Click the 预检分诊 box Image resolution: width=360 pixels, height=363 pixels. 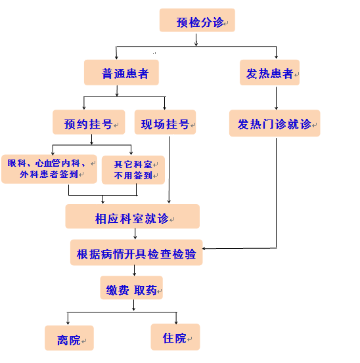[x=197, y=20]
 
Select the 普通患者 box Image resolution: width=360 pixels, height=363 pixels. [x=122, y=72]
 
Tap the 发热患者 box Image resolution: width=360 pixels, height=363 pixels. [x=269, y=72]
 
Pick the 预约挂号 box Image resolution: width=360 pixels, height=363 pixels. [x=89, y=122]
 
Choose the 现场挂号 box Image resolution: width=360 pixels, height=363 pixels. [x=165, y=122]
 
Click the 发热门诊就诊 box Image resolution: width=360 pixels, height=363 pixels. [x=275, y=123]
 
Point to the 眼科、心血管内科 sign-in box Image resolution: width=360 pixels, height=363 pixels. [x=49, y=169]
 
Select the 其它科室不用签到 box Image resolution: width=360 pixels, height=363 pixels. [x=133, y=170]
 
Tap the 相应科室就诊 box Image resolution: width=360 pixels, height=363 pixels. [x=133, y=217]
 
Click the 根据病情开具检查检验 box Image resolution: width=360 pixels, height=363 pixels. [x=137, y=253]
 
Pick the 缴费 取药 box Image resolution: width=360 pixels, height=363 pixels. [x=131, y=288]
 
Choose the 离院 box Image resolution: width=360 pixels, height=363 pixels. [x=69, y=338]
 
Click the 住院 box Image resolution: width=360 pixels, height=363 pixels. [x=175, y=337]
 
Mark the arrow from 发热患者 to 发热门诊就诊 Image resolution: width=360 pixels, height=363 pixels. [x=276, y=98]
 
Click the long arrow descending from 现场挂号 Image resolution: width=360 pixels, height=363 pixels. [x=169, y=170]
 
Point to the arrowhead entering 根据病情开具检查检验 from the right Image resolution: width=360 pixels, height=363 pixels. [x=204, y=249]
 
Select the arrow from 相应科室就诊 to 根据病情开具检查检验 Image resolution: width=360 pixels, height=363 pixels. [x=135, y=234]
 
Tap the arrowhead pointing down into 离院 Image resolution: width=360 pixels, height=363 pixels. [x=68, y=323]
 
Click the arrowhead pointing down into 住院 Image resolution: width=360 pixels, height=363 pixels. [x=176, y=322]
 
